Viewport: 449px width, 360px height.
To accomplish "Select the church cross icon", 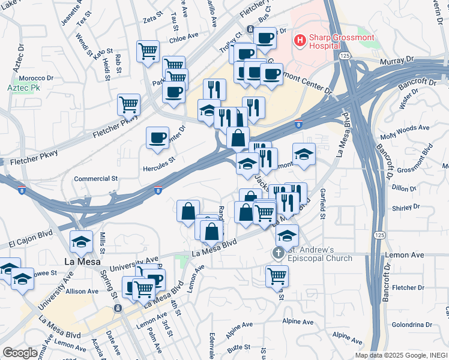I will tap(278, 253).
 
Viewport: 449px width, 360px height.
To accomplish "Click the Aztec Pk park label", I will tap(23, 88).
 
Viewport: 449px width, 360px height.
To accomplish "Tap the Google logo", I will tap(20, 353).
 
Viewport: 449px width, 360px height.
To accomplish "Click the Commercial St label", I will tap(96, 179).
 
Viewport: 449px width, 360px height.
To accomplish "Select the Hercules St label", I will tap(158, 160).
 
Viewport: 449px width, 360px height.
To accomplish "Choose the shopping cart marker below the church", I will tap(277, 275).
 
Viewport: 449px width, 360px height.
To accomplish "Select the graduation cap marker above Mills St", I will tap(81, 241).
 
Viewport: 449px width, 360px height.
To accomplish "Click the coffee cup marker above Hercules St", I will tap(157, 138).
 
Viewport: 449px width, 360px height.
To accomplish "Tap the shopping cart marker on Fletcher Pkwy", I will tap(128, 104).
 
